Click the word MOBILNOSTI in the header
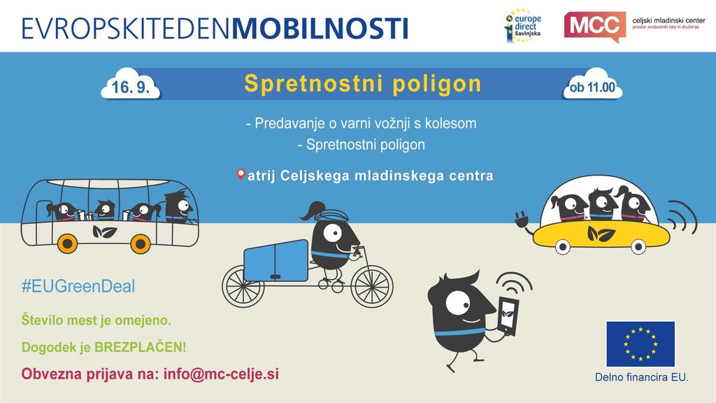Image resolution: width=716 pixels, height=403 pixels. (x=320, y=28)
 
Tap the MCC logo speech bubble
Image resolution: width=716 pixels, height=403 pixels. (x=595, y=27)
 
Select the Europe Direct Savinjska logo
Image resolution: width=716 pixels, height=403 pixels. (x=523, y=26)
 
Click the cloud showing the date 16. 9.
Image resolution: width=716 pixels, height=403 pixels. (x=131, y=85)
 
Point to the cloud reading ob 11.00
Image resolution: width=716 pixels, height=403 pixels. (x=592, y=85)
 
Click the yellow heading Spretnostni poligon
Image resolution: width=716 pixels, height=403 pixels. (x=363, y=84)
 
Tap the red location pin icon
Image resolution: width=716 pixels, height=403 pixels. (x=241, y=174)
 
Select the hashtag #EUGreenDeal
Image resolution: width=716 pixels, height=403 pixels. (x=78, y=286)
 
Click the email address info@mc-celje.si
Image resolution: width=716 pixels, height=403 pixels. (x=221, y=374)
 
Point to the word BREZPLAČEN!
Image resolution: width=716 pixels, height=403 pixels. (x=140, y=347)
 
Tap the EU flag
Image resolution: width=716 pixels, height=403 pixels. (x=640, y=344)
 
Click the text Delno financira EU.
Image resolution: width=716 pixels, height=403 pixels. (x=641, y=377)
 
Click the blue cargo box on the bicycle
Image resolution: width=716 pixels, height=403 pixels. (x=275, y=260)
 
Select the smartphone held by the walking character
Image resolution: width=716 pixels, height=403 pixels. (x=508, y=316)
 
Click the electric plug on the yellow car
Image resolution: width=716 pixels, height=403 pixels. (x=521, y=218)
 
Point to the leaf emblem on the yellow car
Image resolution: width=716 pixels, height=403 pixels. (x=601, y=234)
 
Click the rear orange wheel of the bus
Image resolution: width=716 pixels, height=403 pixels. (x=67, y=244)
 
